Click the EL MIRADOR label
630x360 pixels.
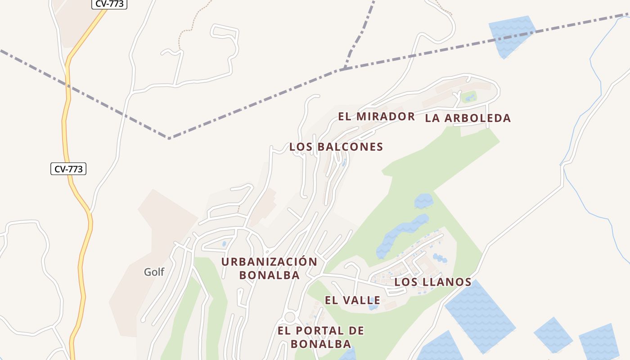[x=376, y=117]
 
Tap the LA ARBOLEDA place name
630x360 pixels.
[x=468, y=118]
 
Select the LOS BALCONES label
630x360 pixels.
[x=336, y=147]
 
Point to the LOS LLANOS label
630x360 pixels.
[x=433, y=282]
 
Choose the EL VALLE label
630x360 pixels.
[x=353, y=300]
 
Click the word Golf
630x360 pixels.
[x=154, y=272]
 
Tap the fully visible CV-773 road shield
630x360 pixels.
[x=68, y=169]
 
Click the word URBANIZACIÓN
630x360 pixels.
[x=269, y=262]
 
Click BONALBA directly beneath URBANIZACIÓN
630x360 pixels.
[x=269, y=275]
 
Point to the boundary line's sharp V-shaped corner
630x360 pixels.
[x=169, y=138]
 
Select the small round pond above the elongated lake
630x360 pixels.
[x=423, y=201]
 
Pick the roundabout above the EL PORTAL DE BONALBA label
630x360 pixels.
[x=290, y=317]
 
